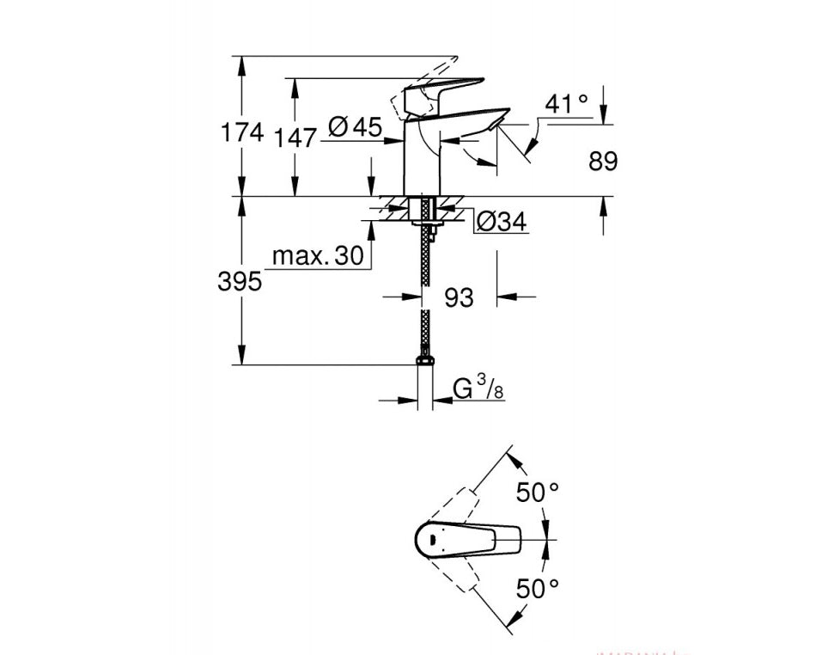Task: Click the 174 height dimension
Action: [241, 133]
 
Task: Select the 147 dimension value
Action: [296, 137]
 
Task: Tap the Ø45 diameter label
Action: [355, 128]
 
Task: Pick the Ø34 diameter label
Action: [501, 222]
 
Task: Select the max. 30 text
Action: [317, 256]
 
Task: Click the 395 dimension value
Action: [240, 281]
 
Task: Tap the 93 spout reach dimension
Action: [460, 297]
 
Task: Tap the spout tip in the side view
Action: [493, 125]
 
